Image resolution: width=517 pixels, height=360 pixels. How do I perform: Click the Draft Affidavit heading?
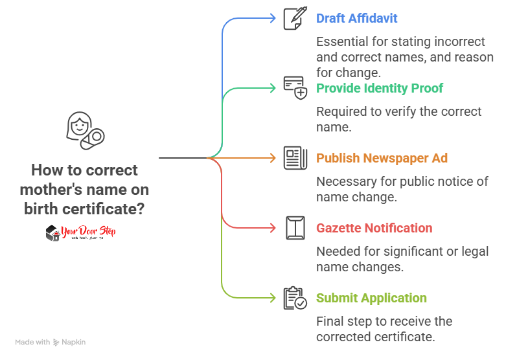356,18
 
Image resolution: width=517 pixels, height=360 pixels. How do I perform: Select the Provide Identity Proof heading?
379,87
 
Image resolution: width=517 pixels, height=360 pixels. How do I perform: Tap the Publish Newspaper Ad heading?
382,158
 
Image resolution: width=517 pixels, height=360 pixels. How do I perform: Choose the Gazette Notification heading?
374,228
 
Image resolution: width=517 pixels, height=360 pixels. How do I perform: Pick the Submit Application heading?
371,298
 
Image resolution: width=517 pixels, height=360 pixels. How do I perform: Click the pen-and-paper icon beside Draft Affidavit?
295,18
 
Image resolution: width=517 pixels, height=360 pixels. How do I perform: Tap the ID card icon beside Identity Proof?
295,87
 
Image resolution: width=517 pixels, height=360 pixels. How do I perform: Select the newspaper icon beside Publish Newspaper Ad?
295,158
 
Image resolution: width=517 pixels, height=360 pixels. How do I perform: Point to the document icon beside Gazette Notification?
295,228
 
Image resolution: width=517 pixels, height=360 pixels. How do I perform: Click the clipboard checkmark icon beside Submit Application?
295,298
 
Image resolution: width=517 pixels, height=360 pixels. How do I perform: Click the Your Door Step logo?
80,233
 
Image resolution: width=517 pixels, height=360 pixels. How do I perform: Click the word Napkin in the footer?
74,342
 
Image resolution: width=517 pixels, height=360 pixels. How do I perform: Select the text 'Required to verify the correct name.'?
398,119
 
